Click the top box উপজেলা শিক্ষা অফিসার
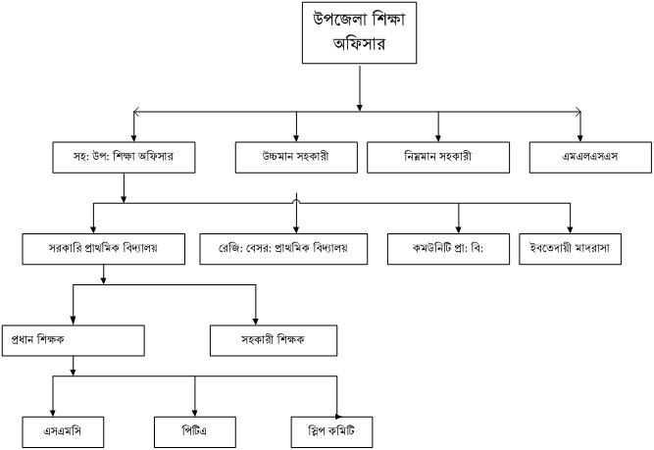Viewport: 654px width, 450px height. tap(362, 34)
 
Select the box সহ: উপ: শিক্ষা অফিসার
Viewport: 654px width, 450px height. tap(122, 158)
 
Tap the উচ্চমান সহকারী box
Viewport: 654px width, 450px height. tap(295, 158)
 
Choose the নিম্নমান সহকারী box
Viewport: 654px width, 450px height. tap(437, 158)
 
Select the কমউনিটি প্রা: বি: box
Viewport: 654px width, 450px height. tap(458, 248)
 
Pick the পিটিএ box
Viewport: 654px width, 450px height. tap(195, 429)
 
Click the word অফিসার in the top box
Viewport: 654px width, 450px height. tap(362, 44)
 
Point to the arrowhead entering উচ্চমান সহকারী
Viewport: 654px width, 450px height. tap(295, 137)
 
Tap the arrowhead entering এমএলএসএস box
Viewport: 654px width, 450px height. tap(581, 137)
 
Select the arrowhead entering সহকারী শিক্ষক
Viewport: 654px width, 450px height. tap(255, 319)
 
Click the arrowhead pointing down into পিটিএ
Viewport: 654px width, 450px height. tap(195, 410)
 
